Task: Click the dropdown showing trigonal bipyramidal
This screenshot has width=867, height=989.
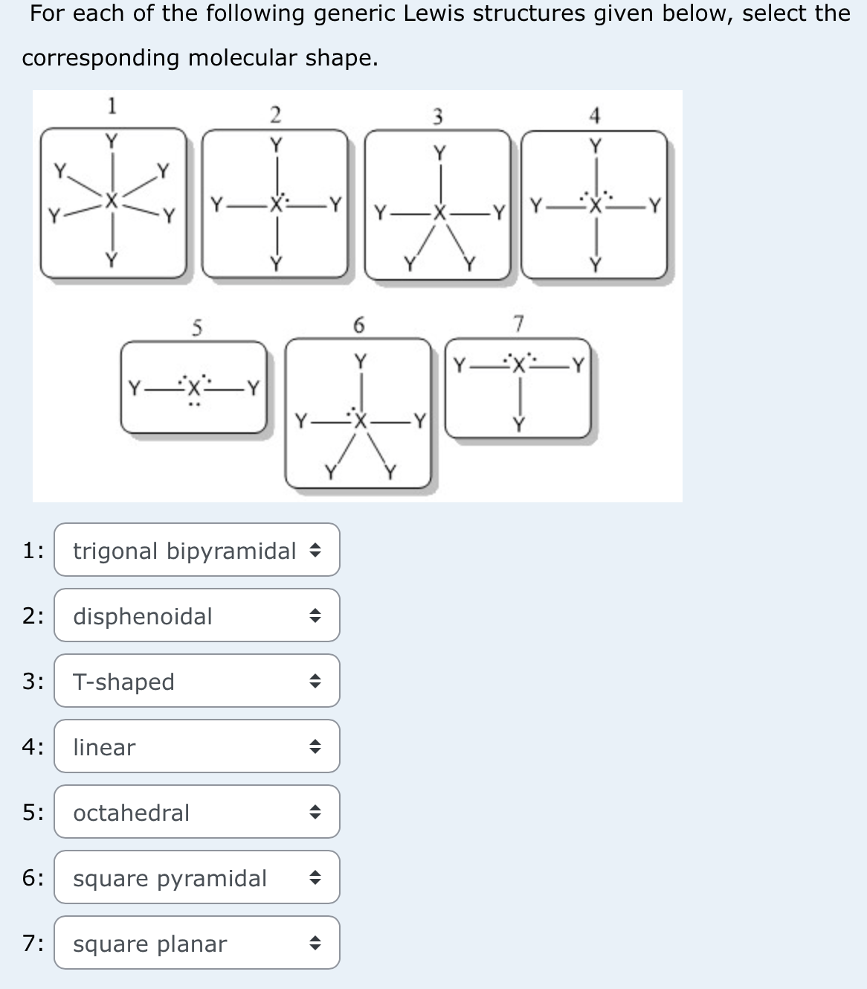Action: (196, 550)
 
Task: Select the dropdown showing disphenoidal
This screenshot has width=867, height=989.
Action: (196, 615)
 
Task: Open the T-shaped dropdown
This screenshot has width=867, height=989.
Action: (196, 681)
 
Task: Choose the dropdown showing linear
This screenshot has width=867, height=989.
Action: (196, 746)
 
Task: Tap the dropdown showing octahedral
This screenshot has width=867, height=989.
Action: (196, 812)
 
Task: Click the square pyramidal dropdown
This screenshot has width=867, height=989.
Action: (196, 877)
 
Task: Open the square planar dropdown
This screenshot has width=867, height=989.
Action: (196, 943)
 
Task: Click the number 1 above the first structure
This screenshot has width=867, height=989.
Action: (112, 106)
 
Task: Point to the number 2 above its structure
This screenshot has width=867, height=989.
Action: (275, 115)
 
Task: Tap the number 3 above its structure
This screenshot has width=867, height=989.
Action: (438, 116)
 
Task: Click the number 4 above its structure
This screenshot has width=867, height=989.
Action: (594, 115)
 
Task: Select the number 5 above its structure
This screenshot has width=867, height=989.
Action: (196, 327)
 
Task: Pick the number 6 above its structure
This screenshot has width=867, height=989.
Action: (358, 324)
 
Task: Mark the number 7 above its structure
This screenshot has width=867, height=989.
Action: (519, 323)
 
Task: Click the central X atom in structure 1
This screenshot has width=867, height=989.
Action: (112, 200)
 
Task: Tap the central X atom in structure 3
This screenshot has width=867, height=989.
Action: (439, 214)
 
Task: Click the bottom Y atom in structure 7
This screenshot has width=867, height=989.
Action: (519, 424)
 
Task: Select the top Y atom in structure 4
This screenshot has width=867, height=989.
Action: (595, 145)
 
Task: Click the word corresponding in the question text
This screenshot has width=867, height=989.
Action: (100, 58)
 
